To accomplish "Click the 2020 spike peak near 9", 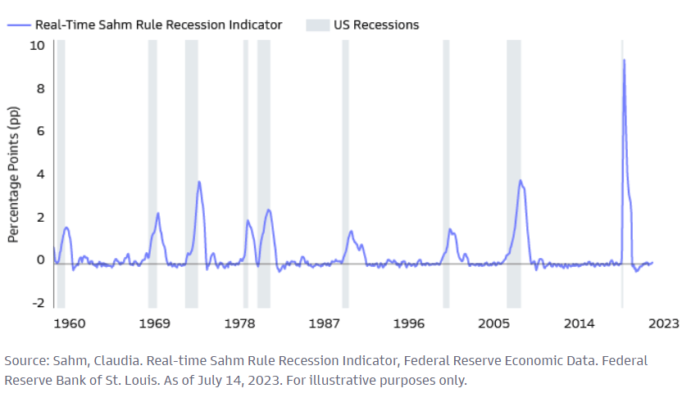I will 624,60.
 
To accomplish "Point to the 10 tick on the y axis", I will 37,44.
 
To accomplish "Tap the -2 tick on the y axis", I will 38,303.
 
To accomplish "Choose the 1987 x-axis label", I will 325,323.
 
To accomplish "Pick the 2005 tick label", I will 494,323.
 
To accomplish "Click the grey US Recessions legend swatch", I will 317,25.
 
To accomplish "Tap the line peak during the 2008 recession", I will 520,181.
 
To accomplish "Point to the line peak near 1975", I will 199,182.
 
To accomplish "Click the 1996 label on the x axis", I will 409,323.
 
